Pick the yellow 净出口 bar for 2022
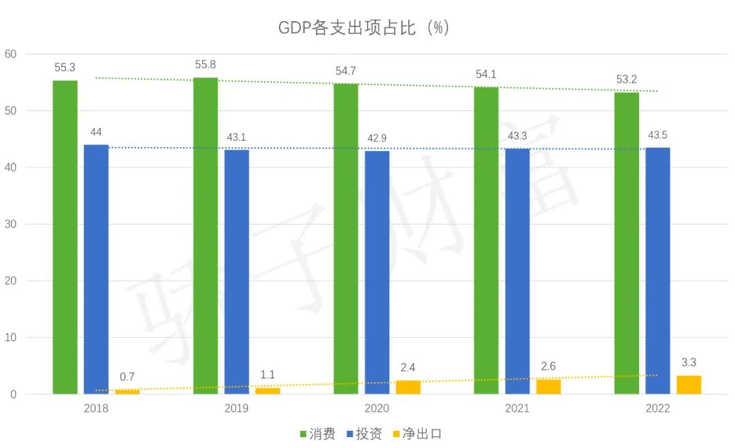(689, 385)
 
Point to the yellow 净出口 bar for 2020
(408, 387)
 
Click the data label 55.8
(206, 64)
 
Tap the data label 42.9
(377, 138)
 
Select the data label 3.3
(689, 362)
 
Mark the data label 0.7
(127, 377)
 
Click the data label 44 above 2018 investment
(96, 131)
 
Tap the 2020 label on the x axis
(377, 409)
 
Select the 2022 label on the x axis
(657, 409)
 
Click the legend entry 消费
(317, 434)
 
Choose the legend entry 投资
(364, 434)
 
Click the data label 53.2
(627, 80)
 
